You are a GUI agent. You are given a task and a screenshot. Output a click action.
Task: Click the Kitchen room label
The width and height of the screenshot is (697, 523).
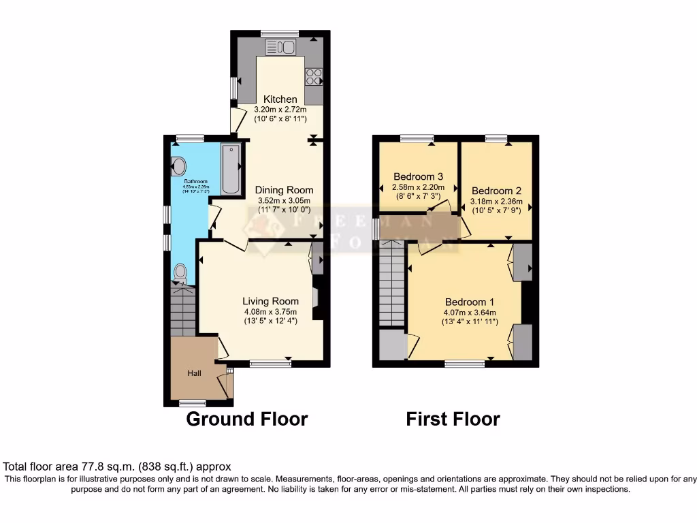(x=280, y=99)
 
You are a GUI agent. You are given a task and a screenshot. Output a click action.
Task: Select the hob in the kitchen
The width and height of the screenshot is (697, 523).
(x=314, y=77)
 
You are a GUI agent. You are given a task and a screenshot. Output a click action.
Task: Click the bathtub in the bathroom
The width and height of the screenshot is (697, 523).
(x=231, y=170)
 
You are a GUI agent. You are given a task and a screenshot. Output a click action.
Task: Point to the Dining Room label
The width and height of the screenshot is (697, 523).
(x=284, y=191)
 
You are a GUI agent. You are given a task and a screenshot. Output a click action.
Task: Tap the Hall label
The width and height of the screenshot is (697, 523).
(x=195, y=373)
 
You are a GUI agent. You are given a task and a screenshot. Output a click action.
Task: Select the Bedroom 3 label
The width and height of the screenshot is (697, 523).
(x=419, y=177)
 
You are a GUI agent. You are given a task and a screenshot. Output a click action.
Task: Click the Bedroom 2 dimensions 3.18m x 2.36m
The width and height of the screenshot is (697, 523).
(x=497, y=202)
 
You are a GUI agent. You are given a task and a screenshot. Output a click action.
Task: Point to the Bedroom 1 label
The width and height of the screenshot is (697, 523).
(x=470, y=302)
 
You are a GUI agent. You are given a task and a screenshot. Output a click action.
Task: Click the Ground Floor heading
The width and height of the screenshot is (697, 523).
(x=246, y=419)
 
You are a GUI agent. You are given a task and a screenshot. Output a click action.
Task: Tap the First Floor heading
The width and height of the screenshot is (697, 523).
(x=453, y=419)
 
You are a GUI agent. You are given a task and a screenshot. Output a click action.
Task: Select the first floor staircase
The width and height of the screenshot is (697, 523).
(x=391, y=286)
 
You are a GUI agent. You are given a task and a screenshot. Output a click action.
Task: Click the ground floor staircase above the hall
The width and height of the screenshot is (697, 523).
(x=182, y=309)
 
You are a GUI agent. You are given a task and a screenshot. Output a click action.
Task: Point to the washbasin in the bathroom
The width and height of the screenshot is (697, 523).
(x=178, y=166)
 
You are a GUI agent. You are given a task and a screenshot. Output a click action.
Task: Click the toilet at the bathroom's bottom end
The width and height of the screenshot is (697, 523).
(x=180, y=273)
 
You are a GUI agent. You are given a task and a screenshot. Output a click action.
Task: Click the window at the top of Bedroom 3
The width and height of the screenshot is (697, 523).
(x=416, y=138)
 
